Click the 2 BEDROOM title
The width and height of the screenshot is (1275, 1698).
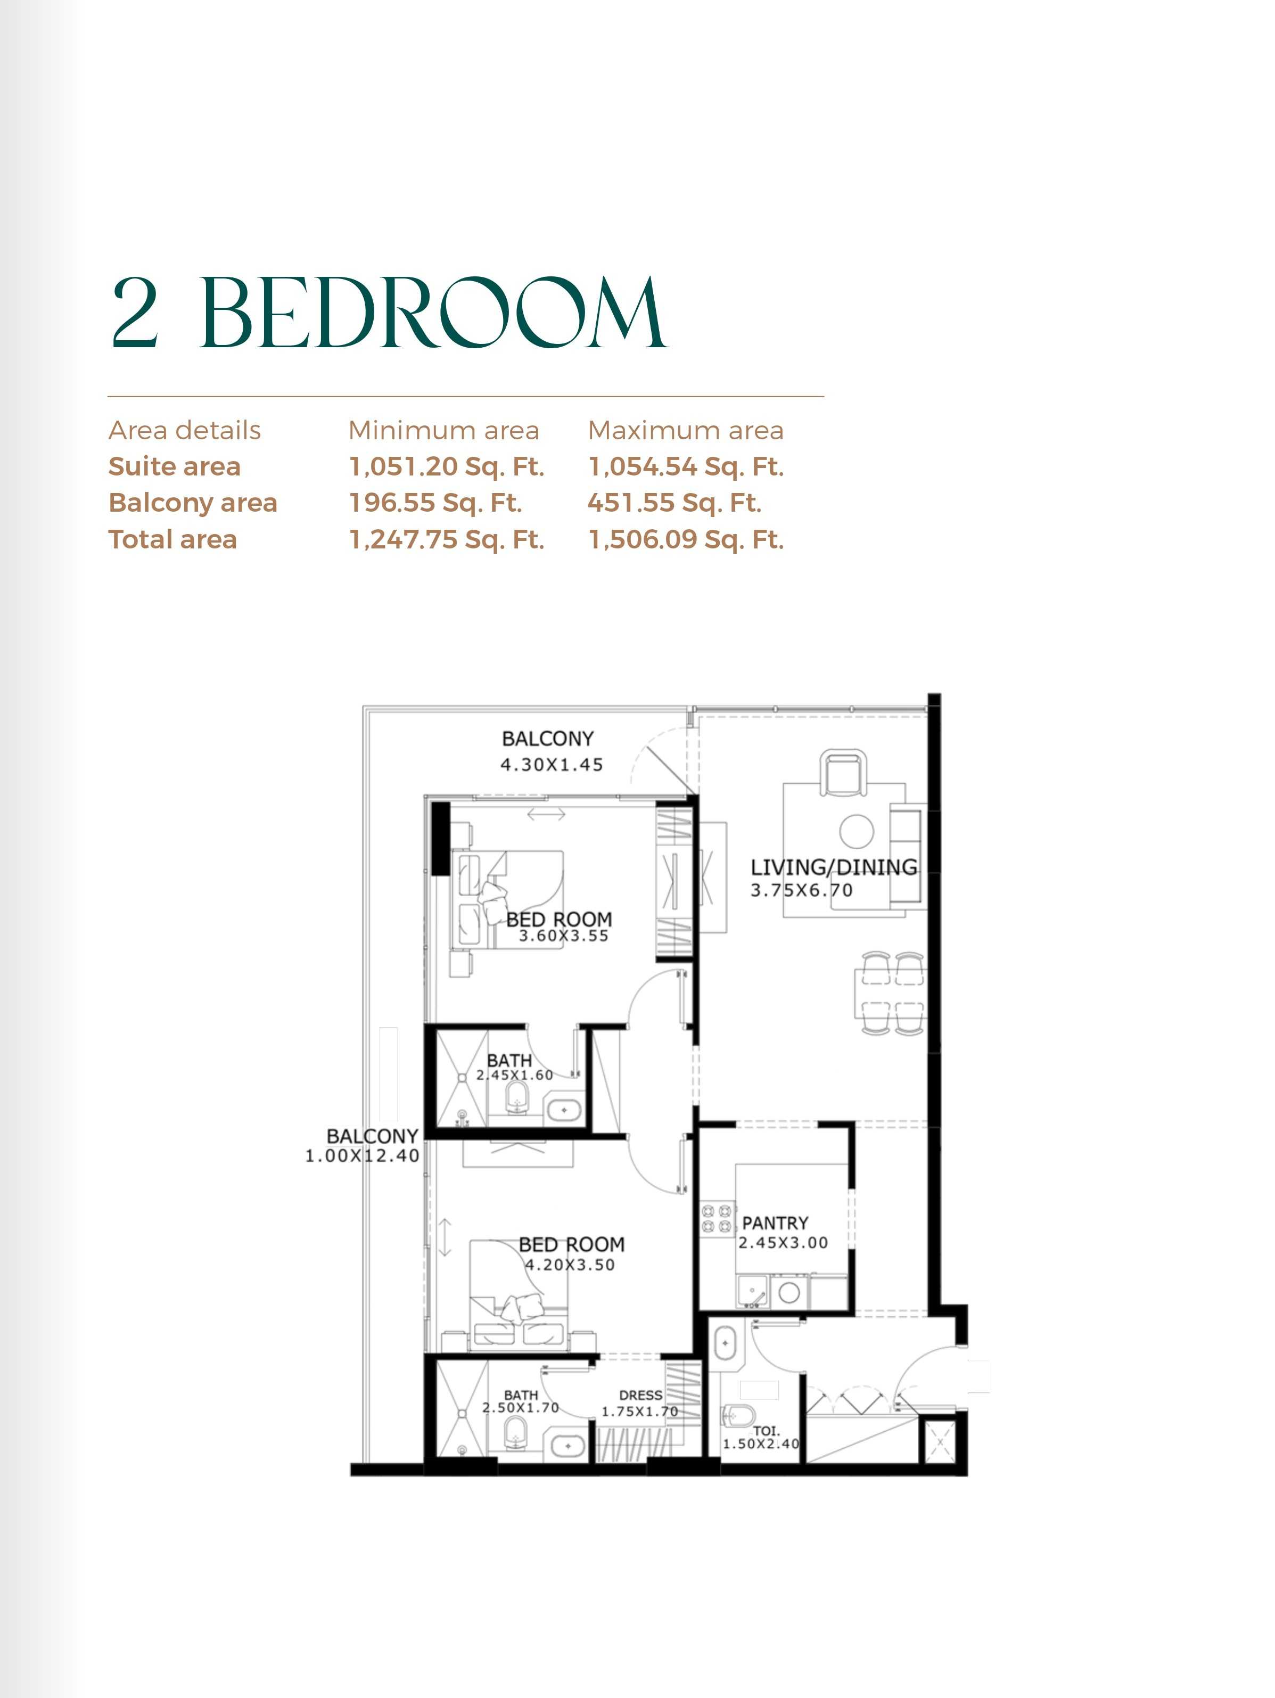pos(389,313)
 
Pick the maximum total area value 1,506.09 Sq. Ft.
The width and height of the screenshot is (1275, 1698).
pos(686,540)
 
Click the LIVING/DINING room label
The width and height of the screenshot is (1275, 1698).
pos(834,867)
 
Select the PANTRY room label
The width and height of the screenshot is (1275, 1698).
pos(775,1223)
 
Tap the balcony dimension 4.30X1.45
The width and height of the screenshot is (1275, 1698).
pos(551,765)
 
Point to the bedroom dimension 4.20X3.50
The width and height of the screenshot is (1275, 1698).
pos(570,1265)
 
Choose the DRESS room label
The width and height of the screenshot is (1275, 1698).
pos(640,1396)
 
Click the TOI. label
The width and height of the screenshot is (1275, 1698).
pos(766,1431)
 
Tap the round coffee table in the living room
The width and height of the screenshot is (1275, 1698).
pos(857,831)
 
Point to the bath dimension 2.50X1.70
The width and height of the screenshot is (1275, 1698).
pos(521,1408)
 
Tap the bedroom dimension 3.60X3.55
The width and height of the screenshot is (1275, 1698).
pos(563,936)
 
